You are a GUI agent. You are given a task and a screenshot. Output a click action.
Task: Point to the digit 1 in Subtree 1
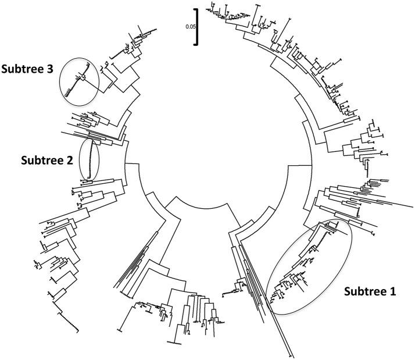393,292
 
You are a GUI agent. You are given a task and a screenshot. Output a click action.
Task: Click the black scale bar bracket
198,26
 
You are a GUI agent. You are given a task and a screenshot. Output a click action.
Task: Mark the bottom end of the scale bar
198,44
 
